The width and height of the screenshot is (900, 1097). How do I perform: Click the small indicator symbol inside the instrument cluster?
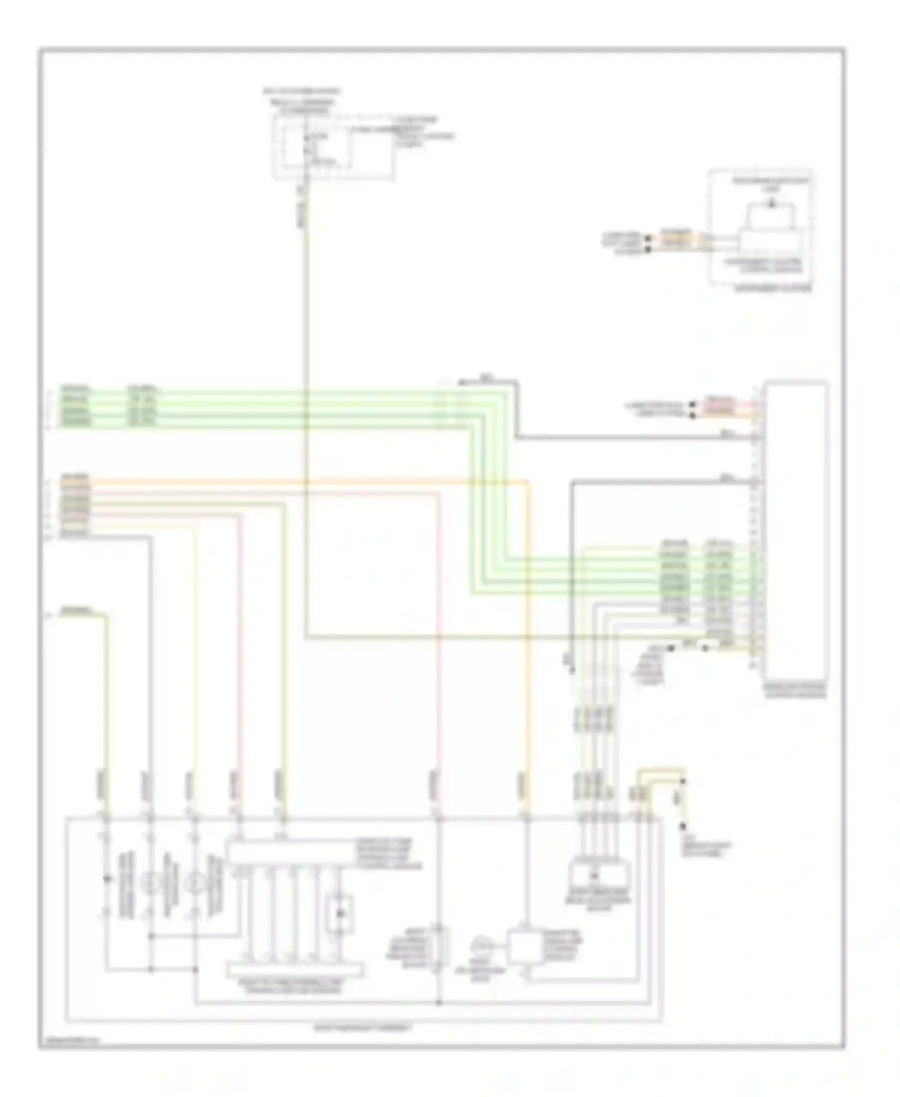[x=772, y=205]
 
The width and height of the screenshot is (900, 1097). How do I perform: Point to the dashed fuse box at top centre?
[x=334, y=147]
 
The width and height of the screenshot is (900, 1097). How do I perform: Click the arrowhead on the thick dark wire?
[x=461, y=382]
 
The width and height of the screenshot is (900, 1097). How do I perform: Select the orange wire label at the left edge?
[x=75, y=478]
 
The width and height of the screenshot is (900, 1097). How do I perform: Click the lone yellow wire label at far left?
[x=77, y=612]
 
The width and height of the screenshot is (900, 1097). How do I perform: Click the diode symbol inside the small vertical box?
[x=340, y=913]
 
